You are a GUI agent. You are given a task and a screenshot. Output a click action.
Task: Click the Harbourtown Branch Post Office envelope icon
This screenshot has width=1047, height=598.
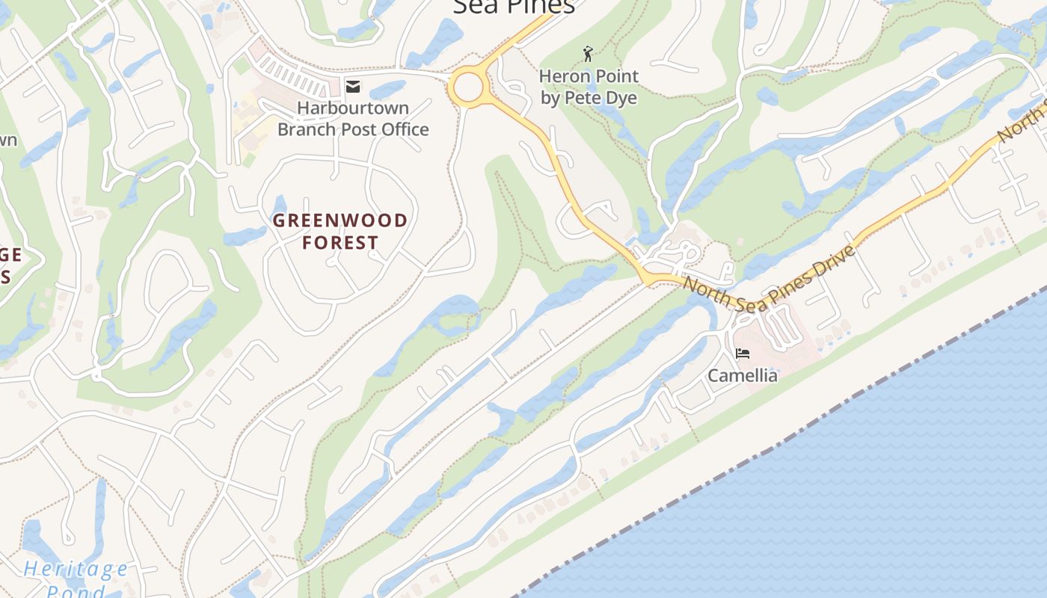(x=352, y=87)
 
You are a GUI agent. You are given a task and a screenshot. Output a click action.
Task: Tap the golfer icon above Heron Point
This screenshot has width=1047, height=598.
(x=588, y=54)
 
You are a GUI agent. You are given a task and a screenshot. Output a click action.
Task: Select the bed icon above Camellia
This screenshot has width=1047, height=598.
(x=743, y=353)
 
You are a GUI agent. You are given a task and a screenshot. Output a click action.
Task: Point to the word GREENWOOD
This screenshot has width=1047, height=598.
(x=340, y=221)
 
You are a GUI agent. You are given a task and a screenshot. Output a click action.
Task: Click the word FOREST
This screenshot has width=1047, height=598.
(x=340, y=243)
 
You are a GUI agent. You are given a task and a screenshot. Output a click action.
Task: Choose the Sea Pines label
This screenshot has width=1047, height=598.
(x=514, y=6)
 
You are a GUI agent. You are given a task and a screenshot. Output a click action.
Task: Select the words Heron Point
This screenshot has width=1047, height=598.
(x=589, y=76)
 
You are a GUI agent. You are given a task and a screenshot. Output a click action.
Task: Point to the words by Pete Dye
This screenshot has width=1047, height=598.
(x=589, y=98)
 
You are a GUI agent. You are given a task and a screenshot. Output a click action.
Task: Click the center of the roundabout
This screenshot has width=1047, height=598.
(x=467, y=88)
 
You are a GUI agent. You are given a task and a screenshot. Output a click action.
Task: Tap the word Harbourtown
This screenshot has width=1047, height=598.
(x=353, y=108)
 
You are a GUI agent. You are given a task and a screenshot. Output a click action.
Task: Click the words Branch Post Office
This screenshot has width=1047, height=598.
(x=353, y=129)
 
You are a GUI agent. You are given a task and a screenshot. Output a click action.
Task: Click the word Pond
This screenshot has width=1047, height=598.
(x=75, y=592)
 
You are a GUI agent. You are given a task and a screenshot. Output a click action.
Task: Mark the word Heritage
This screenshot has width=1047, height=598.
(x=75, y=570)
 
